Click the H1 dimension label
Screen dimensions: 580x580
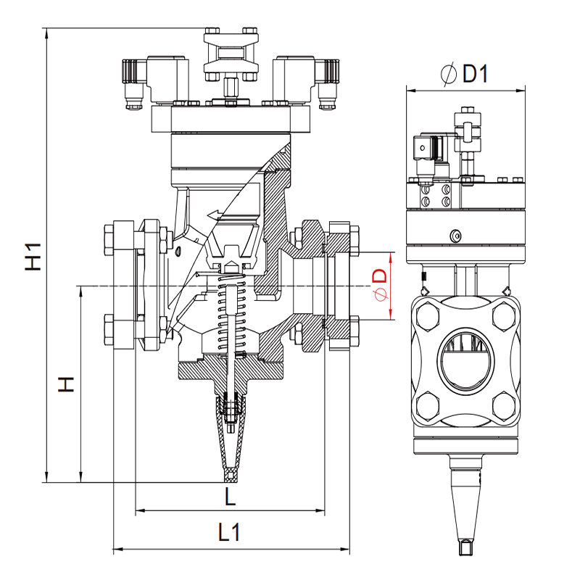(33, 257)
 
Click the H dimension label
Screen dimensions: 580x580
(67, 384)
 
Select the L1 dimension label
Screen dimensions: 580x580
(229, 532)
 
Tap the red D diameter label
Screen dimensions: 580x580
(380, 285)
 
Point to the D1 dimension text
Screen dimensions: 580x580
(465, 73)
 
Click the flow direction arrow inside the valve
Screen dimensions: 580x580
(215, 214)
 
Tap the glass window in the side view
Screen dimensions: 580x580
(465, 359)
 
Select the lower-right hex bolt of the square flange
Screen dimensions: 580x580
(504, 406)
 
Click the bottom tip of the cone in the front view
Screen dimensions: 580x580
(230, 481)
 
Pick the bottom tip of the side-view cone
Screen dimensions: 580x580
(466, 554)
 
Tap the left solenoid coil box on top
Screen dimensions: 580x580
(167, 79)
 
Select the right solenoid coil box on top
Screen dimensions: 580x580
(294, 79)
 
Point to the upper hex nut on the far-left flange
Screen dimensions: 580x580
(109, 240)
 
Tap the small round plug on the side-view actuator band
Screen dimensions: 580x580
(456, 236)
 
